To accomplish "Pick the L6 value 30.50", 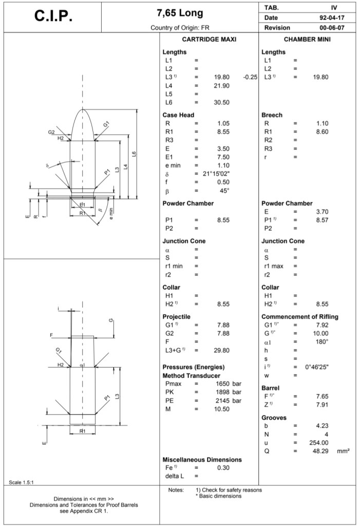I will tap(221, 102).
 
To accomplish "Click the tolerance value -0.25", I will tap(250, 77).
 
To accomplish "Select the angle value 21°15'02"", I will tap(216, 174).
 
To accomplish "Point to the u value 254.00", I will tap(318, 443).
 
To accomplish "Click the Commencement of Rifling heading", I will tap(300, 316).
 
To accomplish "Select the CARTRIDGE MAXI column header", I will tap(209, 40).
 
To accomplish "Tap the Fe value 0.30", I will tap(223, 467).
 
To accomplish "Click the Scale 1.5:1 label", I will tap(21, 482).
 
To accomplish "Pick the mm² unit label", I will tap(344, 451).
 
